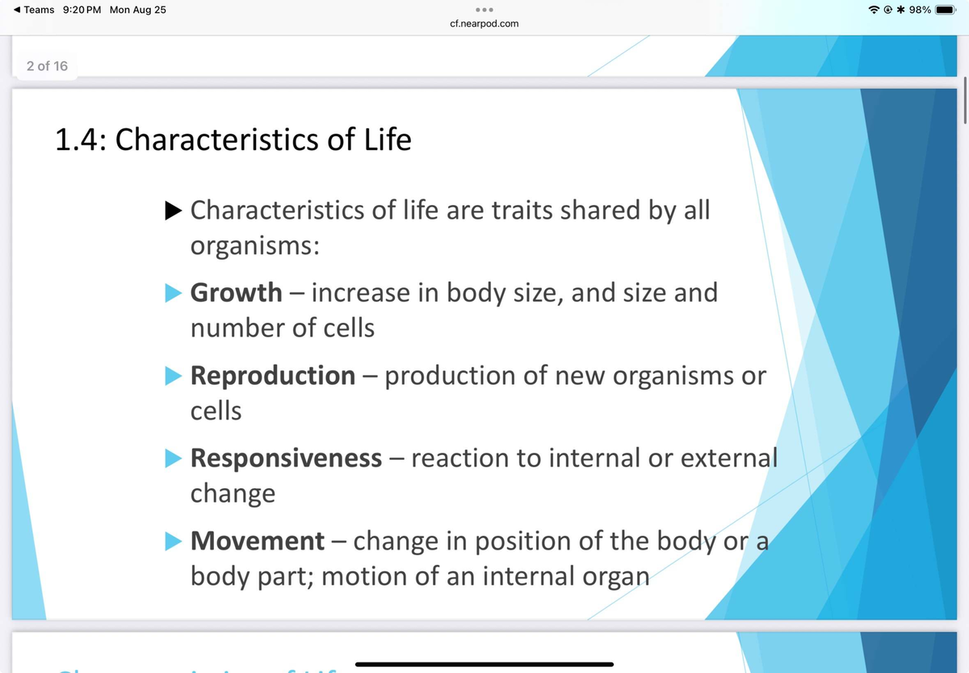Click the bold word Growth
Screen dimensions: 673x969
pos(236,292)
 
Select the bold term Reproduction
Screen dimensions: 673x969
pos(272,375)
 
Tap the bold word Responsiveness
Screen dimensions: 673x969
pos(286,458)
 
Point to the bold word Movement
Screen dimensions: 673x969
pos(257,541)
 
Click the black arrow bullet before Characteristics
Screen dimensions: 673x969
pos(172,211)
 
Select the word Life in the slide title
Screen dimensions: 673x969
pos(387,140)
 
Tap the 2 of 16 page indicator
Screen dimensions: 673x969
pos(47,66)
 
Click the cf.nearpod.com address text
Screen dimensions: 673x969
pos(484,24)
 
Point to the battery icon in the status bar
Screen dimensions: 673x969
pos(947,10)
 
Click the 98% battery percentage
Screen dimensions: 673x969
pos(919,10)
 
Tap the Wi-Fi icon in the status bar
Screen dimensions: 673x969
pos(872,10)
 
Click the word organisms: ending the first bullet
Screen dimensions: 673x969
pos(254,246)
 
